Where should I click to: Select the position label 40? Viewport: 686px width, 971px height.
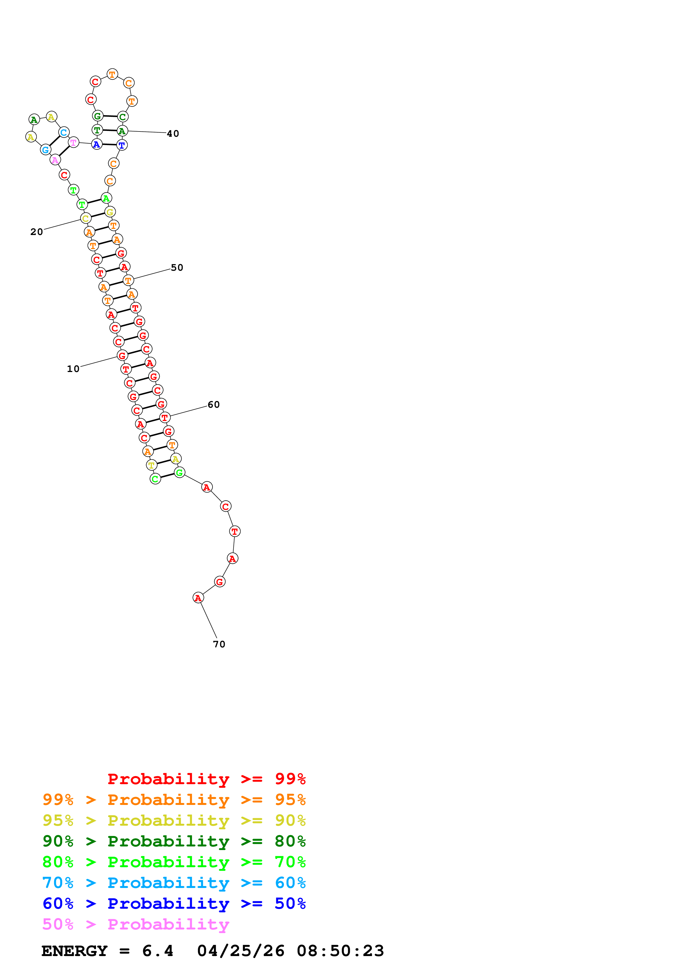173,134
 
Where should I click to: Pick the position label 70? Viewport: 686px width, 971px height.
219,644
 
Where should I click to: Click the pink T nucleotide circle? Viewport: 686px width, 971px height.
74,143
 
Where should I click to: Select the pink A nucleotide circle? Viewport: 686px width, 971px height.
55,160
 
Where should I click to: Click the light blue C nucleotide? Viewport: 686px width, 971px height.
63,132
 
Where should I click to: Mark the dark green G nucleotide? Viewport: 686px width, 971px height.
98,116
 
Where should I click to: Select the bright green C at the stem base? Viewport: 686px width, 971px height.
155,479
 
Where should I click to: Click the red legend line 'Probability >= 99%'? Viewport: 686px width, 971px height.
206,779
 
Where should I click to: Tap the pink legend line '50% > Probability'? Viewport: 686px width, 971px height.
136,924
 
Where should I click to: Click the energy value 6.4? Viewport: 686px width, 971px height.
158,951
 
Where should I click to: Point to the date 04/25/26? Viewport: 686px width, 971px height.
240,951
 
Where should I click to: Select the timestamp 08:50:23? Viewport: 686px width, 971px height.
340,951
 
